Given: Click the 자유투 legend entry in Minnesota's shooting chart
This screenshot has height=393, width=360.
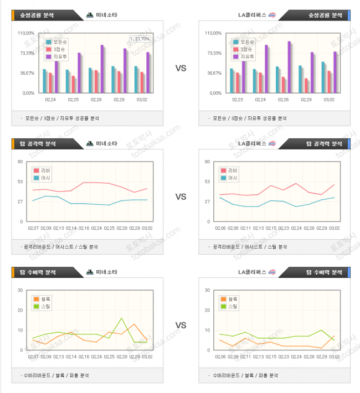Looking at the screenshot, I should click(x=59, y=56).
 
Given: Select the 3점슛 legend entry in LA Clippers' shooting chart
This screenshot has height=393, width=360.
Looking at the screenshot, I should click(x=246, y=49).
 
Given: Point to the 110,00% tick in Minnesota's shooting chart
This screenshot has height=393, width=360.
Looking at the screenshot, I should click(x=26, y=33).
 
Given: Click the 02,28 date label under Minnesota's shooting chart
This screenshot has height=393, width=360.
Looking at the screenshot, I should click(x=96, y=100).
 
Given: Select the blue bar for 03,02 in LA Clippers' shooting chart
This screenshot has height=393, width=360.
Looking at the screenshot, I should click(x=323, y=77).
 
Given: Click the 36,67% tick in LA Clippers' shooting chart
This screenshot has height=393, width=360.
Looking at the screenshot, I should click(x=213, y=73).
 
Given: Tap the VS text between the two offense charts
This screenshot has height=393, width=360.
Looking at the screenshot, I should click(x=181, y=196).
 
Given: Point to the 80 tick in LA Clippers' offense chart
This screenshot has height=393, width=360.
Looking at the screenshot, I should click(x=207, y=162).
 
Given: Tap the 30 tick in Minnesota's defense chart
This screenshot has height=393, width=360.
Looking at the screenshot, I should click(x=20, y=290).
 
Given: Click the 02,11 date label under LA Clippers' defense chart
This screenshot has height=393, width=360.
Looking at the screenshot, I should click(x=245, y=356).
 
